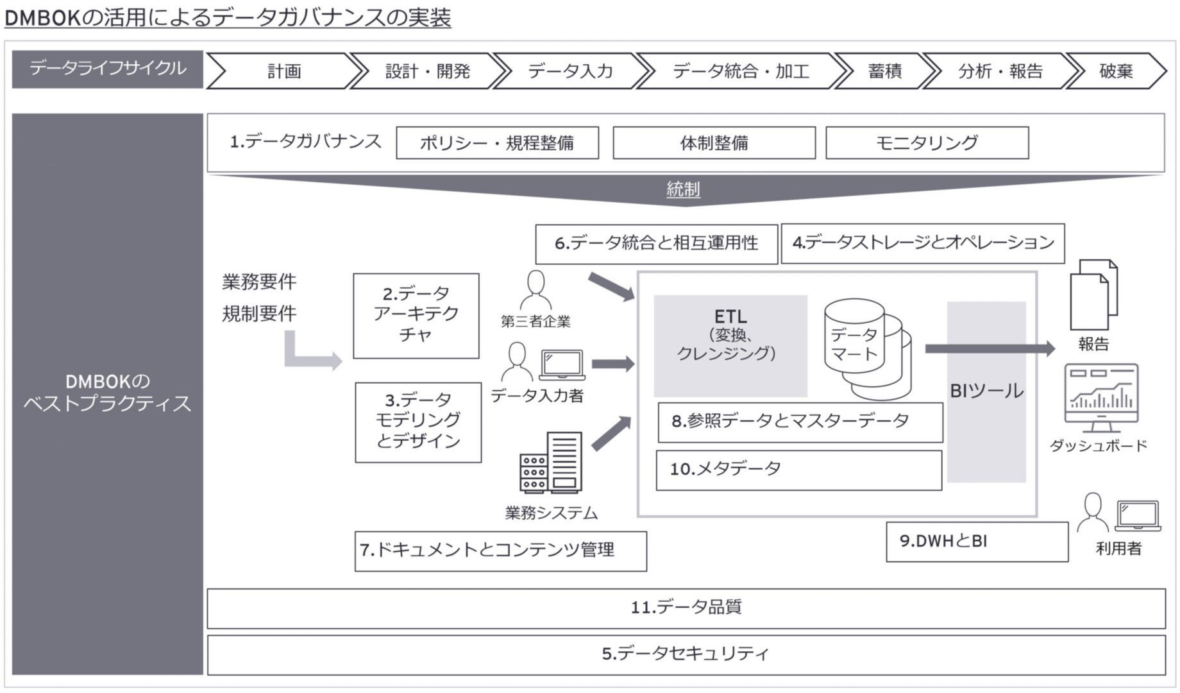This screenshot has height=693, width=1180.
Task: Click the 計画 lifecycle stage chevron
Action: point(283,71)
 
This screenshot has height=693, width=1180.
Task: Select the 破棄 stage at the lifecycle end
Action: point(1116,71)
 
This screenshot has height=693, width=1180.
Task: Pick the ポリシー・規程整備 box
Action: point(497,142)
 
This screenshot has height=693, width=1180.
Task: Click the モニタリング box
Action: point(927,142)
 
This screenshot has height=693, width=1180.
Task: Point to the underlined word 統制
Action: point(683,189)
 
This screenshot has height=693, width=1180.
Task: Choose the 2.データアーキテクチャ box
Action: point(416,315)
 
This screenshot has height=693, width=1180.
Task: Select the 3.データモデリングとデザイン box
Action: point(418,422)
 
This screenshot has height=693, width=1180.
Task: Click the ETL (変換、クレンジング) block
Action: point(730,345)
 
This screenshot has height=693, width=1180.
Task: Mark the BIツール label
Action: point(986,391)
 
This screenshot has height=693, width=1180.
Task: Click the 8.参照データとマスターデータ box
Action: point(800,422)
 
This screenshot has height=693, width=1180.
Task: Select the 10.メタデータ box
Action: point(798,470)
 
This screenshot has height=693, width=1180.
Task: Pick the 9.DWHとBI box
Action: point(977,542)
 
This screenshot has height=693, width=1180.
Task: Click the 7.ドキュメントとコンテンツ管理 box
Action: point(500,551)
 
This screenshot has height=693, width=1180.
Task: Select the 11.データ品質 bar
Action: point(686,608)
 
